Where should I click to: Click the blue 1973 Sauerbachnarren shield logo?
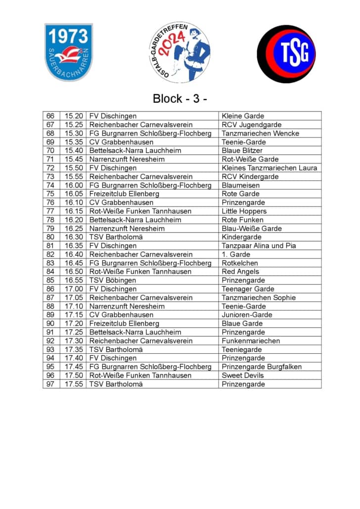(x=68, y=52)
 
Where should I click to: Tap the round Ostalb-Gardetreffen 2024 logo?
(x=180, y=52)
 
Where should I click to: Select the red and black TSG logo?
(x=286, y=54)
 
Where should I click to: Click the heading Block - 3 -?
(x=180, y=98)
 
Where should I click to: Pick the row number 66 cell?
(x=50, y=116)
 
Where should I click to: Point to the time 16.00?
(x=73, y=185)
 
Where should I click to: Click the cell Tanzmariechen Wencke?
(x=260, y=133)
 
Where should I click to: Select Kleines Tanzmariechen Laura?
(x=269, y=168)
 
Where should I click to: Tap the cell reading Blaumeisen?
(x=240, y=185)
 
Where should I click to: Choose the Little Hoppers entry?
(x=244, y=211)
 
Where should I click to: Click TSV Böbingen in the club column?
(x=112, y=280)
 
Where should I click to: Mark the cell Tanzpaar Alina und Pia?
(x=259, y=246)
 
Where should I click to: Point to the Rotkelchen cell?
(x=240, y=263)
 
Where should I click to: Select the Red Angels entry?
(x=240, y=272)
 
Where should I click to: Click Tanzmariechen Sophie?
(x=259, y=297)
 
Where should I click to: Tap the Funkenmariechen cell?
(x=251, y=341)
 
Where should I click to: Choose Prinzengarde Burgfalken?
(x=262, y=367)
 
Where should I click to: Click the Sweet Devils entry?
(x=243, y=376)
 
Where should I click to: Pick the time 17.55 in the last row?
(x=73, y=384)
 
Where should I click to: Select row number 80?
(x=50, y=237)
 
